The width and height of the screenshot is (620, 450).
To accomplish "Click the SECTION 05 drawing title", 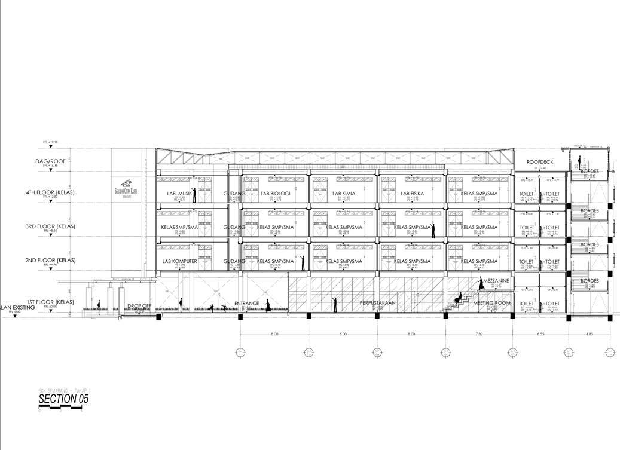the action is click(63, 399).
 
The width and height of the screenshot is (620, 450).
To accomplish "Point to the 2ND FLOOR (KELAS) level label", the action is click(51, 261).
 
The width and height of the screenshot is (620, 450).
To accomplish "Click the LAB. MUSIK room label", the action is click(179, 194).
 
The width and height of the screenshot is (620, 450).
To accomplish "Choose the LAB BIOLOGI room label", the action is click(276, 194).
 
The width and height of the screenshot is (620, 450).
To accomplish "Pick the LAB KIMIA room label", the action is click(343, 194).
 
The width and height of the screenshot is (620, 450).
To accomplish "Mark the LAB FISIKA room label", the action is click(413, 194).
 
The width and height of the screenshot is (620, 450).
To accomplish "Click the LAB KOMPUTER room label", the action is click(179, 261).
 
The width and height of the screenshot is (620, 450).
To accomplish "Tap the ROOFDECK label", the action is click(539, 163).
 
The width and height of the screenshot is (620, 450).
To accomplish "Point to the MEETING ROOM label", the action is click(493, 304).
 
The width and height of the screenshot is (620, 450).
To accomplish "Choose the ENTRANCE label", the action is click(247, 304).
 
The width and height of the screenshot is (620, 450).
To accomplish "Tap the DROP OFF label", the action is click(139, 306).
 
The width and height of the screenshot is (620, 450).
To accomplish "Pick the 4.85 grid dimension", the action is click(590, 333).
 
